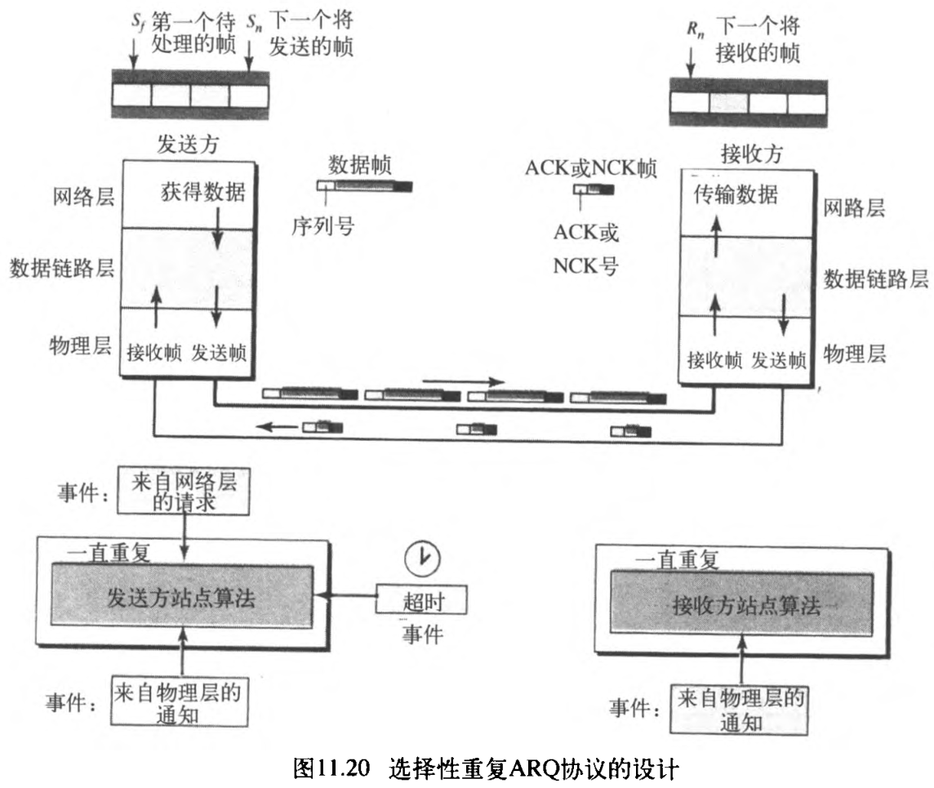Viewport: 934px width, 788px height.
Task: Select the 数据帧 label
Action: (360, 164)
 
